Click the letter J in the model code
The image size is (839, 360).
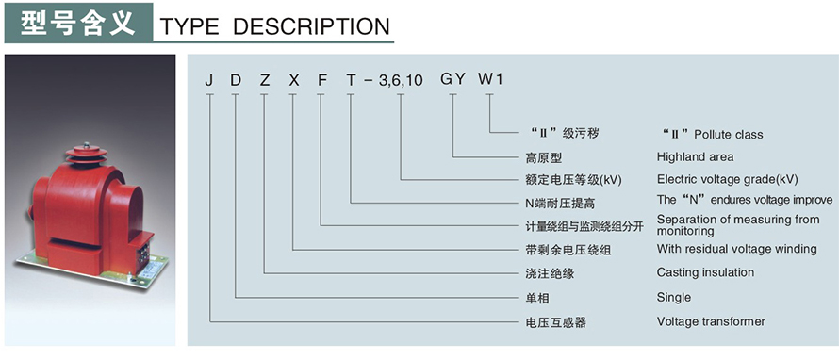click(x=208, y=80)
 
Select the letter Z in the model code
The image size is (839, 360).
click(x=264, y=80)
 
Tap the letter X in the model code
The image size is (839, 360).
click(x=293, y=80)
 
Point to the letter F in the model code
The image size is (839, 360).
click(x=321, y=80)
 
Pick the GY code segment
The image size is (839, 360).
click(x=453, y=80)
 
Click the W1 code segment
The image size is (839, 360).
click(x=491, y=80)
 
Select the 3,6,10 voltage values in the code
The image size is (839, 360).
click(x=401, y=82)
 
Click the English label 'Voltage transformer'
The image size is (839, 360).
click(x=711, y=321)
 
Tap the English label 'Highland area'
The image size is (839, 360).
click(x=695, y=156)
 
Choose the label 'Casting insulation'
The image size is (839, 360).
click(x=705, y=272)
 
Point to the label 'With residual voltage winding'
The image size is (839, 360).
click(x=736, y=249)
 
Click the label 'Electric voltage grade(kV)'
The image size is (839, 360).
click(x=727, y=178)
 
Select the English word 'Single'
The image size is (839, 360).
click(x=673, y=297)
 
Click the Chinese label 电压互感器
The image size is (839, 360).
click(x=555, y=322)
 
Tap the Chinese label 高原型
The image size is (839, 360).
click(x=543, y=157)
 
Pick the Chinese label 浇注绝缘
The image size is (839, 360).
click(x=550, y=273)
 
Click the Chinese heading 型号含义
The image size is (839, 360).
click(x=76, y=22)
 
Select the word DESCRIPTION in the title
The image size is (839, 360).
click(x=311, y=26)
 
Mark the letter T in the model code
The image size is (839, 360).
click(x=351, y=80)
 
